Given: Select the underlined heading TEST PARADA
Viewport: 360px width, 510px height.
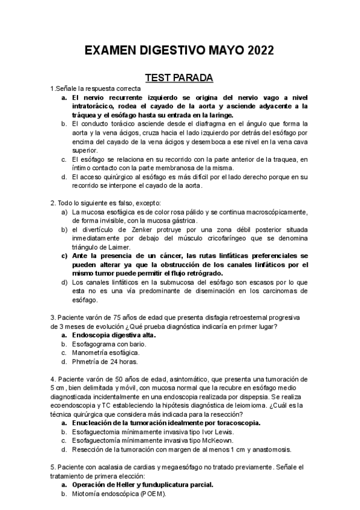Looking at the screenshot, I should [180, 78].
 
